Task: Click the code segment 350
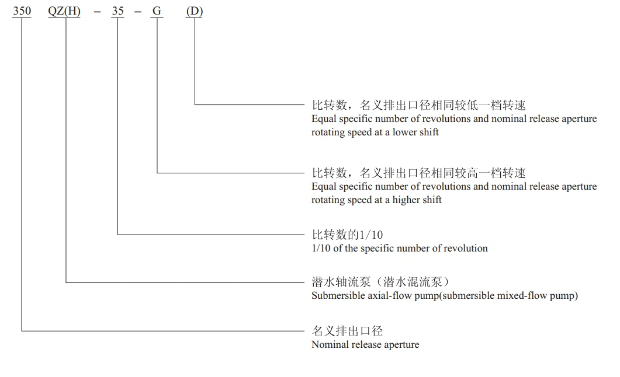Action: [x=22, y=11]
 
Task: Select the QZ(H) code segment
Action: [x=64, y=11]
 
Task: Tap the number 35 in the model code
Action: [x=118, y=11]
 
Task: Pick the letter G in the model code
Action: [x=157, y=11]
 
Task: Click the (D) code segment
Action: [x=195, y=11]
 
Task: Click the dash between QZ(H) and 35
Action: [x=97, y=12]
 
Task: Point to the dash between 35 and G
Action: [x=137, y=12]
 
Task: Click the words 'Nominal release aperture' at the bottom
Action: [x=365, y=345]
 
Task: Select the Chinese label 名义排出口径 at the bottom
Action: [x=347, y=331]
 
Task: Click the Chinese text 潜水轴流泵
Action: [x=341, y=282]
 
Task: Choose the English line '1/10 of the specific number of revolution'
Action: [x=400, y=248]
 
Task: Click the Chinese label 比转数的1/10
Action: [x=347, y=235]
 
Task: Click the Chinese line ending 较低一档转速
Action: [x=419, y=106]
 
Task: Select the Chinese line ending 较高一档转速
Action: [x=419, y=173]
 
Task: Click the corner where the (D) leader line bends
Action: [x=195, y=104]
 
